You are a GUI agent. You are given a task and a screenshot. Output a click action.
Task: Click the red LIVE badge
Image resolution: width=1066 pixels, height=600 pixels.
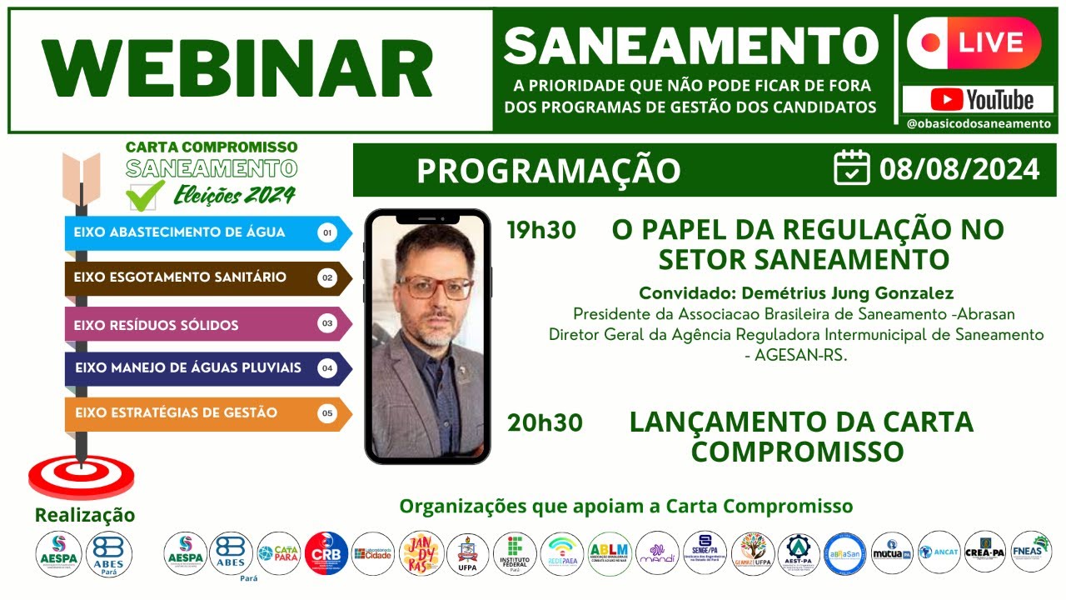(x=974, y=42)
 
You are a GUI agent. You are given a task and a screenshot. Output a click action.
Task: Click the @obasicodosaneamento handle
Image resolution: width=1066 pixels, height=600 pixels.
(x=979, y=123)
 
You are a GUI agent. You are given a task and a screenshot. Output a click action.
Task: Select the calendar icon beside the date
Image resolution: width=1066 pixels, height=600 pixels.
(x=852, y=168)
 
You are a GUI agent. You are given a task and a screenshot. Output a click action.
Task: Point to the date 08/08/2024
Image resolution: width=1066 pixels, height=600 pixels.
(x=959, y=169)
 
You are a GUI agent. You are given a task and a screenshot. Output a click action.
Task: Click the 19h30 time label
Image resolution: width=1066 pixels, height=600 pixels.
(x=541, y=231)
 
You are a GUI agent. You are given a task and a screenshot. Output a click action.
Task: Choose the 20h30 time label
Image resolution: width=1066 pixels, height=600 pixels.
(x=545, y=423)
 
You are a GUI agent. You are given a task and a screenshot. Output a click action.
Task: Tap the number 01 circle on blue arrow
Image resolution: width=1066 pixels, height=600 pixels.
(x=327, y=233)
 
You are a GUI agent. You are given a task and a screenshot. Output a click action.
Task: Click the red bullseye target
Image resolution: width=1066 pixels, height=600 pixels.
(x=81, y=477)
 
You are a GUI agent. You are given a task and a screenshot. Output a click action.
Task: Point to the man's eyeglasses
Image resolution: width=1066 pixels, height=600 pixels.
(x=434, y=287)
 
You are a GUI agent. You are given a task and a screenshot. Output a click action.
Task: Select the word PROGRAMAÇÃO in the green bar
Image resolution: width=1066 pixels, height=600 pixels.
(x=548, y=170)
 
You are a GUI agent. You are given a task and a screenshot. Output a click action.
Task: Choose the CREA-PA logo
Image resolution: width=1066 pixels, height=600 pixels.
(x=985, y=552)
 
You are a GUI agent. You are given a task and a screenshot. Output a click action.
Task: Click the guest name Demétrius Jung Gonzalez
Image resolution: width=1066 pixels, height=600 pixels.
(x=795, y=293)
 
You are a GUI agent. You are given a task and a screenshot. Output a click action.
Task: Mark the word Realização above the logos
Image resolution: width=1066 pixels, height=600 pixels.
(x=84, y=515)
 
